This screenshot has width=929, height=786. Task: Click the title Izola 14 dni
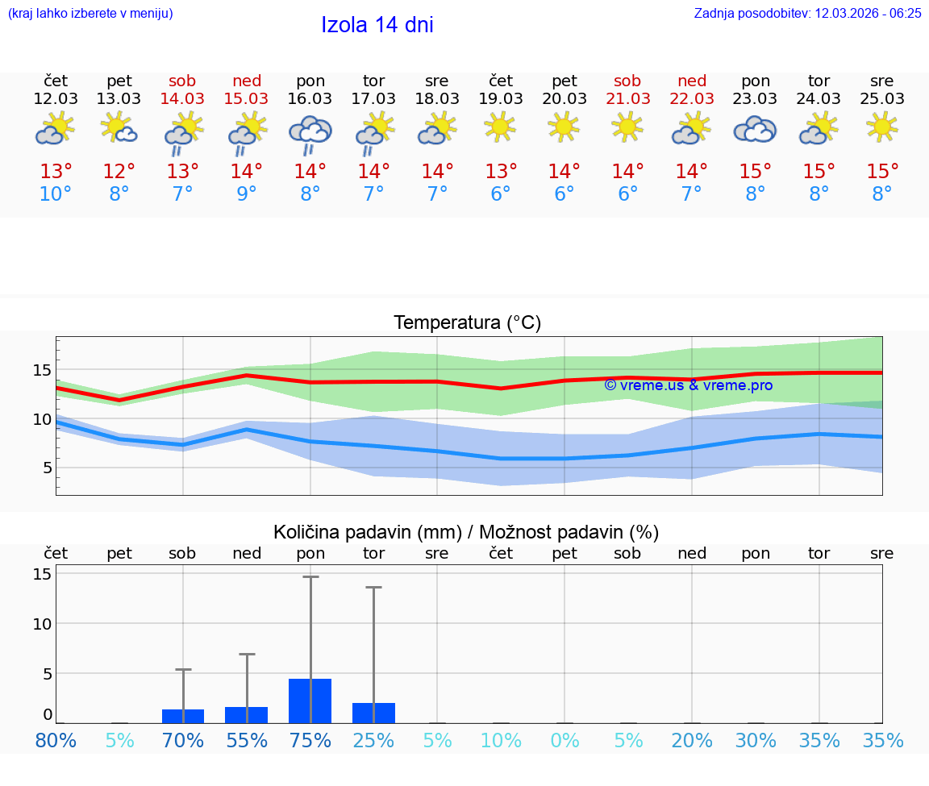(377, 25)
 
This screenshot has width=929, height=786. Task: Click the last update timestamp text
(807, 13)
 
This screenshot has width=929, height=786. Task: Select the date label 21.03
(628, 98)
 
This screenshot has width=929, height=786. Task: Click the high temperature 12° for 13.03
(119, 171)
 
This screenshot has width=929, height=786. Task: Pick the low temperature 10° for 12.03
(56, 193)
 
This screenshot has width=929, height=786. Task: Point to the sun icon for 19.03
(501, 127)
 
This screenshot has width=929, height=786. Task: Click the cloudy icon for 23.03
(755, 129)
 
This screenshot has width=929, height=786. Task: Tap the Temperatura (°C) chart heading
(467, 323)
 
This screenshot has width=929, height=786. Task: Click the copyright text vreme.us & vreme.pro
(689, 385)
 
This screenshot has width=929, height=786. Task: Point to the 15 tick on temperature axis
(43, 370)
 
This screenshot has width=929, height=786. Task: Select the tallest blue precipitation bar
(310, 701)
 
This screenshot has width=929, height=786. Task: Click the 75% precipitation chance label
(310, 740)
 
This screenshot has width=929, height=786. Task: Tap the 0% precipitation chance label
(564, 740)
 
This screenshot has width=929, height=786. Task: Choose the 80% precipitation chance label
(56, 740)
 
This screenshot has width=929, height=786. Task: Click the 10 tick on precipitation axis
(43, 623)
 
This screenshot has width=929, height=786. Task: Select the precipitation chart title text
(466, 532)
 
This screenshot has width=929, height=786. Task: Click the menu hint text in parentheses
(90, 13)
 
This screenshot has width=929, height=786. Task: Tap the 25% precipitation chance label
(374, 740)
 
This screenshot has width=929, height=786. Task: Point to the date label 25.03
(882, 98)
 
